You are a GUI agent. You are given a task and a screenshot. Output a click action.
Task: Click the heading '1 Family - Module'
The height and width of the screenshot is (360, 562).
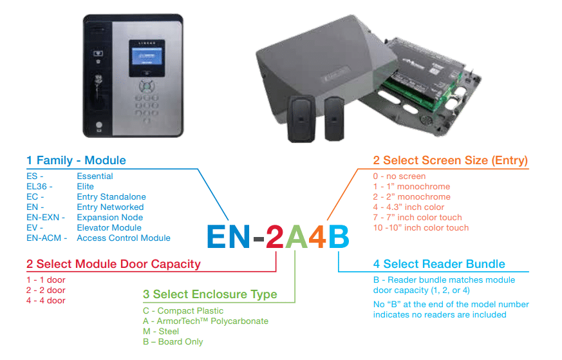76,160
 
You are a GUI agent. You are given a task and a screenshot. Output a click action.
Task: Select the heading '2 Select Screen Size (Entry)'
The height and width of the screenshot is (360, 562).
451,160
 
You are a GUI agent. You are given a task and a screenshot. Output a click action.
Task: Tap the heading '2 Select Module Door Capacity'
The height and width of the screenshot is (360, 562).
113,264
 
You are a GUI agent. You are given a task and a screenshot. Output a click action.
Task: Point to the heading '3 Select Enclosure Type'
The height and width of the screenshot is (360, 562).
210,294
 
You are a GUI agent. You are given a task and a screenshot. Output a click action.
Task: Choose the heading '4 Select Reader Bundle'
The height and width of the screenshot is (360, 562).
439,264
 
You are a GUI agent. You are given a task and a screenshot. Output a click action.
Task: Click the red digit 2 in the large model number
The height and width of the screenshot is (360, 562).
275,236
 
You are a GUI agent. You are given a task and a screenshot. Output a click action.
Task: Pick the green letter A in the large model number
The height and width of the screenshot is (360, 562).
296,236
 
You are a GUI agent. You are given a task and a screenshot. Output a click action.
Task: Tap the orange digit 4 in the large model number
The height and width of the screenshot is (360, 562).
317,236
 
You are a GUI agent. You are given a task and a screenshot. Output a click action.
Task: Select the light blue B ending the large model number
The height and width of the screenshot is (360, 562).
339,236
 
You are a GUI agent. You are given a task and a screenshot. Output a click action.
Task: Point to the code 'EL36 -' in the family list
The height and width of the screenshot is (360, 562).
40,186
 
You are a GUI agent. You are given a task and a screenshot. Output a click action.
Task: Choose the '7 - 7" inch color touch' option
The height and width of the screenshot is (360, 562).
418,217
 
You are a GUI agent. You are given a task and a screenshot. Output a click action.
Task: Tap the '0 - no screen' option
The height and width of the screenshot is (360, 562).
399,176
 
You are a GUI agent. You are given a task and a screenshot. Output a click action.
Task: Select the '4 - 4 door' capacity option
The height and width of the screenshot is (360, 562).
46,300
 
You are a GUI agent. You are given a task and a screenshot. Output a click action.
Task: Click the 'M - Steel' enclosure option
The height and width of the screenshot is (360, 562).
161,331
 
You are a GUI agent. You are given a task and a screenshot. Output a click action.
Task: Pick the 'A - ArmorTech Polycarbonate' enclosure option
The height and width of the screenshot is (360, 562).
205,321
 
